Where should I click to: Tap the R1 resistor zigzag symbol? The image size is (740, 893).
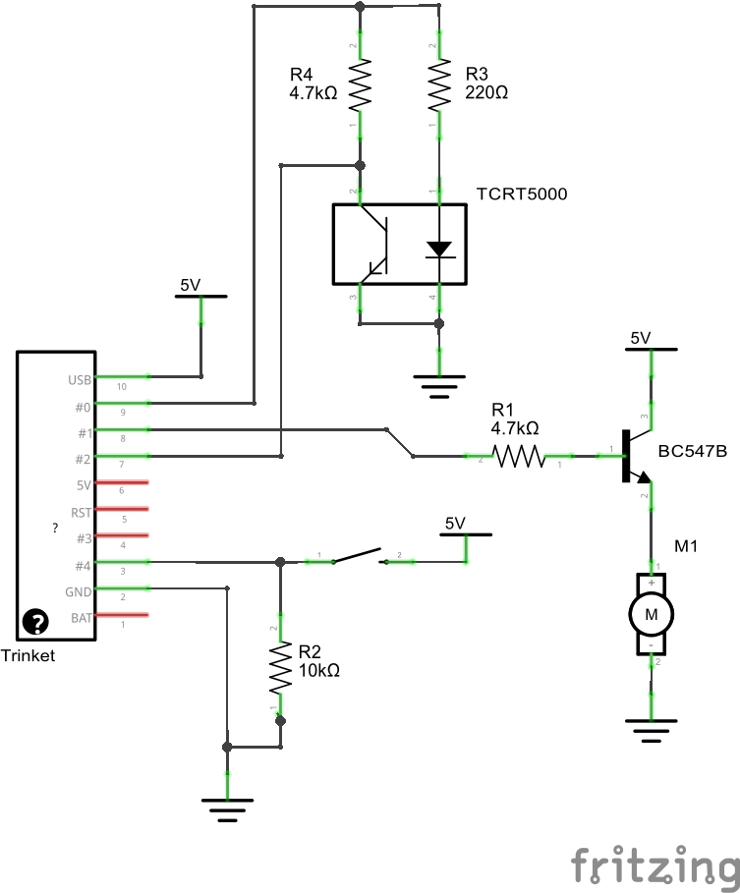tap(518, 456)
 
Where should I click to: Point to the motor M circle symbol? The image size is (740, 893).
tap(651, 614)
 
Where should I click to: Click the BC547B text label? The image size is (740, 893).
tap(693, 451)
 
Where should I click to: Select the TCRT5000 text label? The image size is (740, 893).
tap(521, 195)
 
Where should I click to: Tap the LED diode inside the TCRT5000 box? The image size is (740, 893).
tap(439, 249)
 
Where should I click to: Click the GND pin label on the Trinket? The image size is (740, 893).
tap(78, 591)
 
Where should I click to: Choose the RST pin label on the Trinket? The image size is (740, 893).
tap(81, 512)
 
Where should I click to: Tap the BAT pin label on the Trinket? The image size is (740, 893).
tap(81, 618)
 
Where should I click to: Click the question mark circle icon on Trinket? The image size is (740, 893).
tap(36, 621)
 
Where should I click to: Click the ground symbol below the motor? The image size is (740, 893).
tap(651, 730)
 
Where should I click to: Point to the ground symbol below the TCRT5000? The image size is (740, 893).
tap(439, 384)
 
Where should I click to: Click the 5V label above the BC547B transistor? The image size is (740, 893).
tap(641, 338)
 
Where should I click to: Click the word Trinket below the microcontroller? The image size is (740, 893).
tap(28, 655)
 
